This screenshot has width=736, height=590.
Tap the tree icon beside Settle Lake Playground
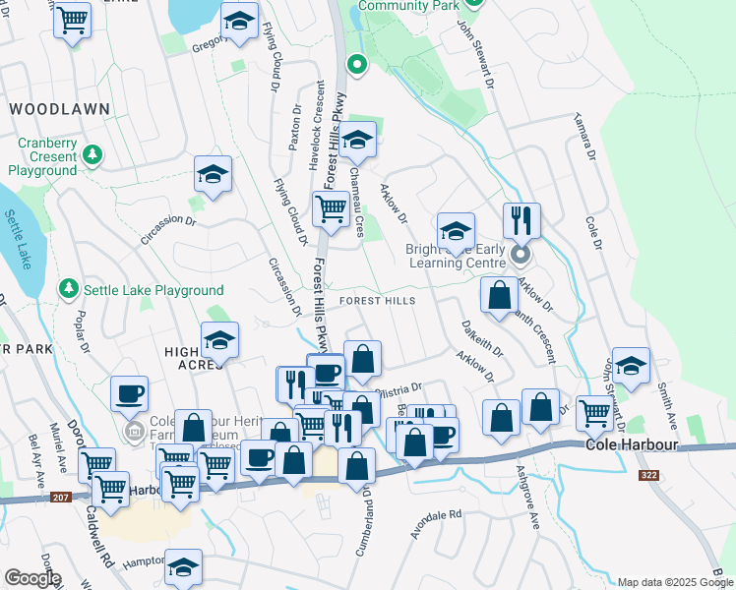[x=68, y=289]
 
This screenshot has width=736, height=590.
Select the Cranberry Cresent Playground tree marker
[x=92, y=154]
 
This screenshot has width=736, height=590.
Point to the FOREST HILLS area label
[x=378, y=301]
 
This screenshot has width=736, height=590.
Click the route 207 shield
[x=61, y=499]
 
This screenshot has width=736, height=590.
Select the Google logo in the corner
[x=31, y=578]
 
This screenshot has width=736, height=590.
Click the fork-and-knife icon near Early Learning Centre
[x=521, y=219]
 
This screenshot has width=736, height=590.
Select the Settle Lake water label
[x=19, y=239]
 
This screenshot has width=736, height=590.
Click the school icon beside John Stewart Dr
[x=630, y=365]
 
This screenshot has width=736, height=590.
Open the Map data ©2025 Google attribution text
[x=674, y=582]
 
